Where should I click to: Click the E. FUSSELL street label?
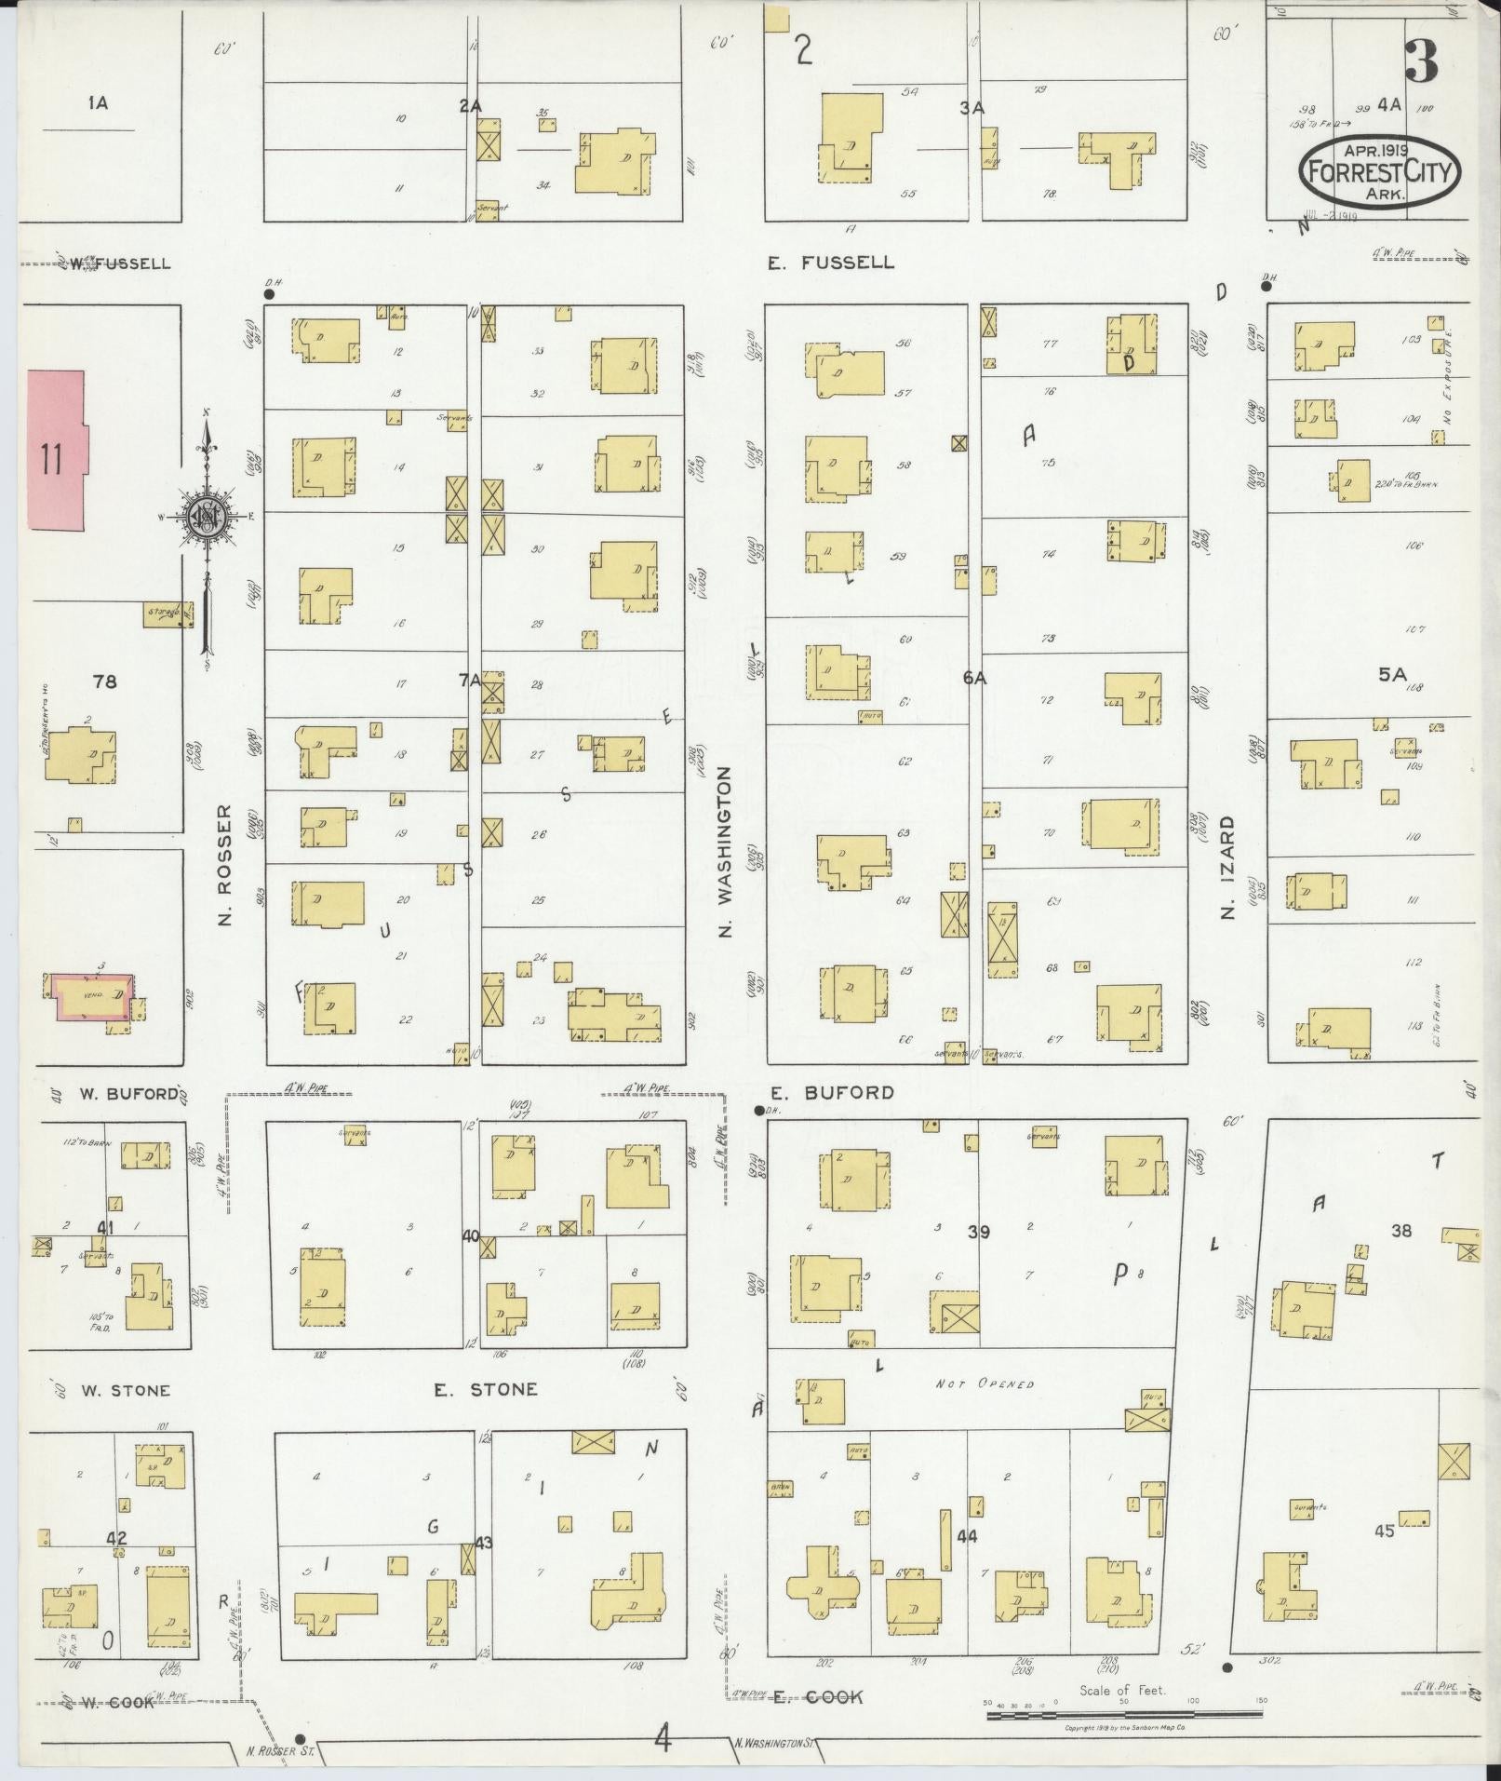coord(830,263)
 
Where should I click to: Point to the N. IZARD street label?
coord(1227,868)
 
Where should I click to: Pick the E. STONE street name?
coord(486,1390)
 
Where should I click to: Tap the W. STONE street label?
coord(125,1391)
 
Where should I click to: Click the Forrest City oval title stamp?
coord(1379,171)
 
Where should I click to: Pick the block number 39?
coord(977,1232)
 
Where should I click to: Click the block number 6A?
coord(973,679)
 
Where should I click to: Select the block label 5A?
coord(1392,675)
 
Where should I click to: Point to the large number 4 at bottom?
coord(662,1738)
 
